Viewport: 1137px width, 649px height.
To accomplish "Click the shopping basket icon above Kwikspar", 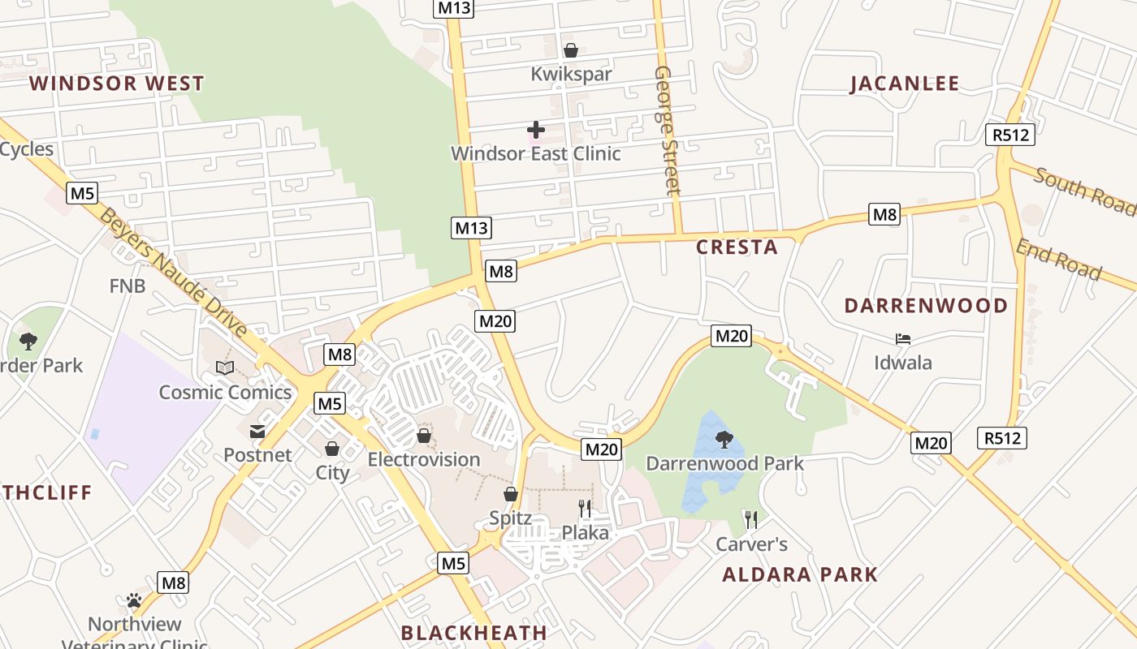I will [571, 50].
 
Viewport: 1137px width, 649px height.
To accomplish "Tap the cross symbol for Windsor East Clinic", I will [535, 129].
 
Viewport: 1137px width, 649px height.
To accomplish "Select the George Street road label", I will [666, 131].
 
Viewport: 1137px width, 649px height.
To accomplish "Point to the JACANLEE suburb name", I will [905, 84].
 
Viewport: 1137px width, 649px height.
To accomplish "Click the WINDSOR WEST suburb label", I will [117, 84].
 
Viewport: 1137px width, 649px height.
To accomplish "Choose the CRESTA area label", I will [737, 247].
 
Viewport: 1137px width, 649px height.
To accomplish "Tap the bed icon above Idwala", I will [902, 338].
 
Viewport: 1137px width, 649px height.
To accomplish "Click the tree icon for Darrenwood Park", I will [724, 440].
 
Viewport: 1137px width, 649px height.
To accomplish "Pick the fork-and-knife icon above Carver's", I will [751, 519].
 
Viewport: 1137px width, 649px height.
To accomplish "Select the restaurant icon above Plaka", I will [585, 509].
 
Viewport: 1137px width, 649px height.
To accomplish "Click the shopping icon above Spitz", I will [511, 493].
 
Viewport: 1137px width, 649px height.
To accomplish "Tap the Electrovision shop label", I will [424, 459].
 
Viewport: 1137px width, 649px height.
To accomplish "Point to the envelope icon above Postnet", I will [257, 432].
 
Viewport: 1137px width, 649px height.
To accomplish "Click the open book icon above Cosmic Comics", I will [225, 368].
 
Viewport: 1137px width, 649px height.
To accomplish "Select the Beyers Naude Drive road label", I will [174, 273].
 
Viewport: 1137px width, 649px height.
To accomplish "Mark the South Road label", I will [1084, 191].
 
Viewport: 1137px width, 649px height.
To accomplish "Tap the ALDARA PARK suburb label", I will [800, 575].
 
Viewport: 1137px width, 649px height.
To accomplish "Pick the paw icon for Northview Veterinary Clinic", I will [134, 600].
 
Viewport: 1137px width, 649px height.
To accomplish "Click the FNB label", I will [128, 286].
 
